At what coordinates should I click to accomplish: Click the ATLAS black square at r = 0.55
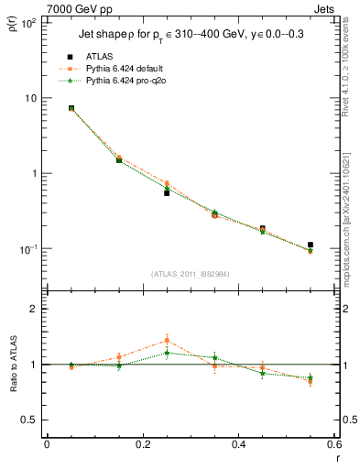click(x=311, y=245)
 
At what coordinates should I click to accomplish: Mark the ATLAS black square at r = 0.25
click(x=167, y=193)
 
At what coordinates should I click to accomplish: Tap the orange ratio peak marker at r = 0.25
click(x=167, y=341)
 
